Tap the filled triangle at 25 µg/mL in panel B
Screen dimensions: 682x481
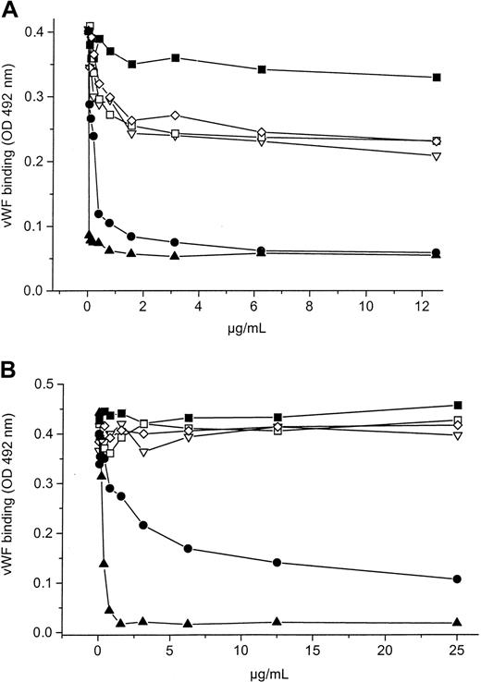coord(456,622)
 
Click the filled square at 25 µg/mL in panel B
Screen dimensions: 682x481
coord(456,405)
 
